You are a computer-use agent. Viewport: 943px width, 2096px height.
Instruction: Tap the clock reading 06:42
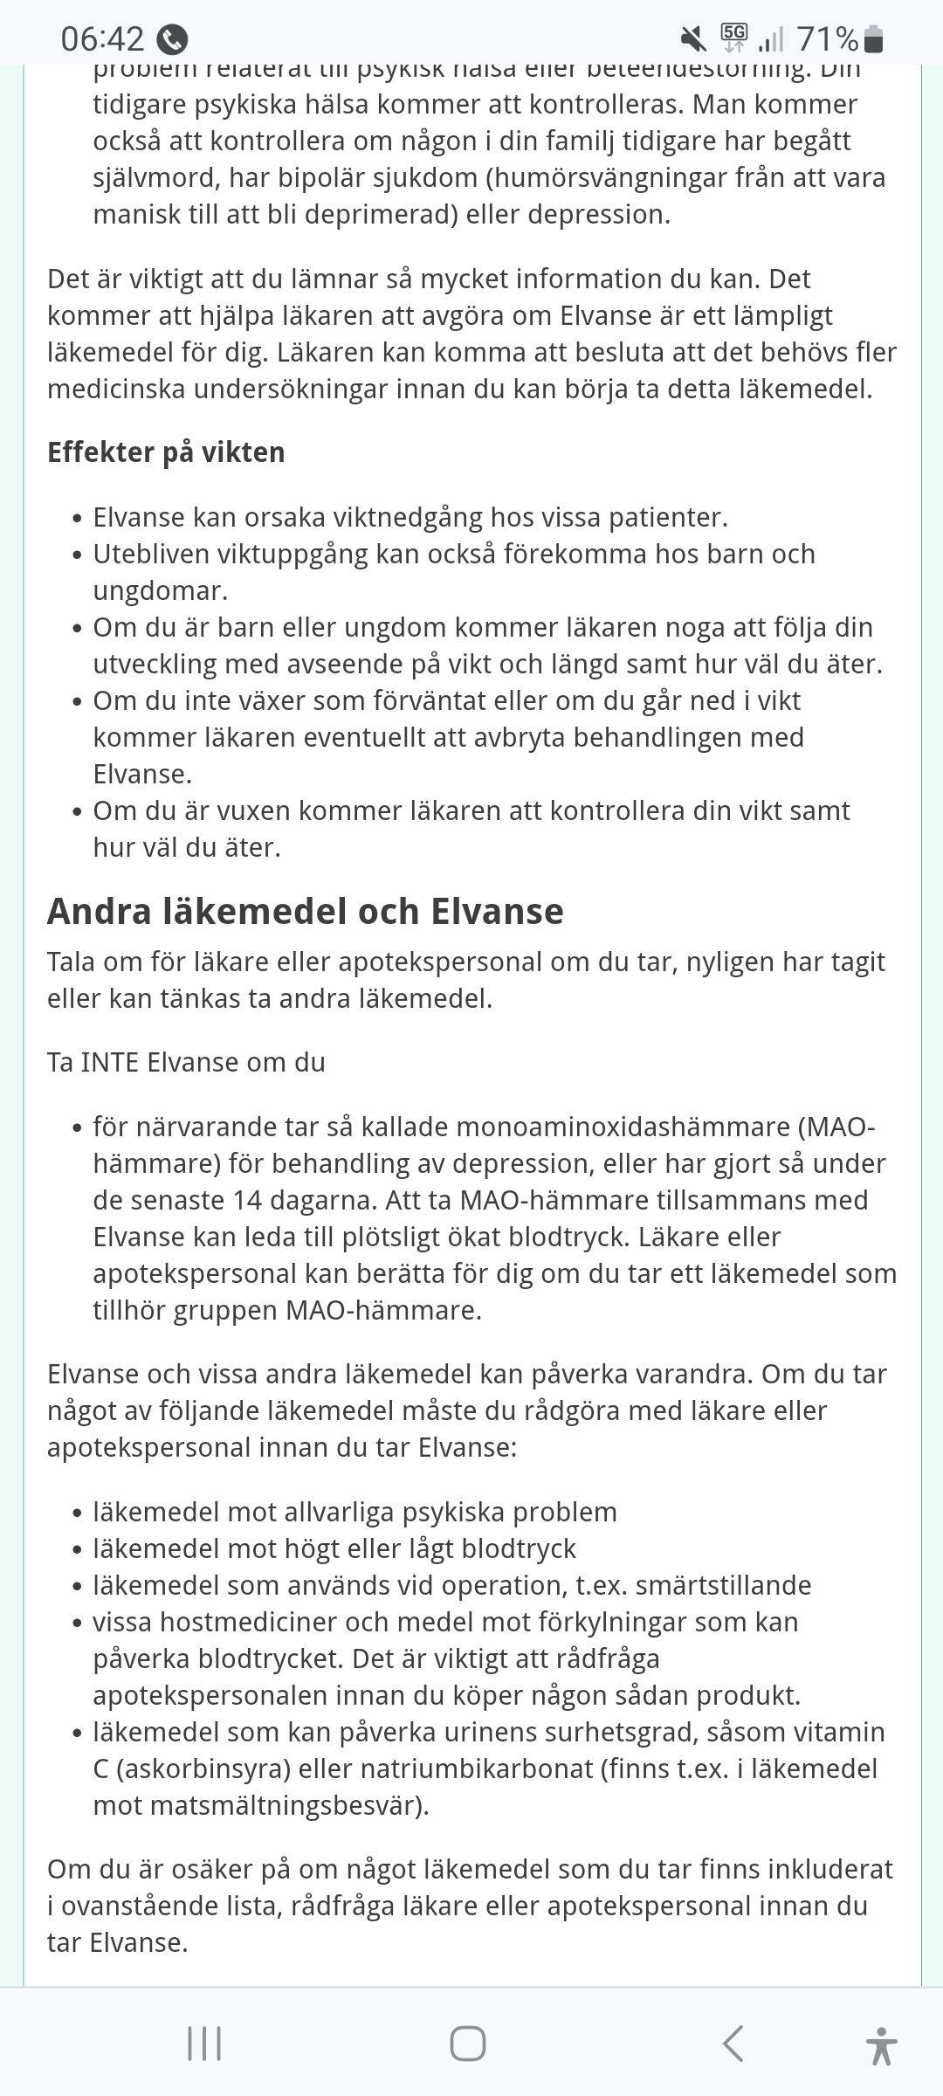[102, 39]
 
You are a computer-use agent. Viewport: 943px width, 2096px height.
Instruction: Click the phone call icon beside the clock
[172, 40]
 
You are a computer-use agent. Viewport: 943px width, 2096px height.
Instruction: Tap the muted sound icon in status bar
[693, 38]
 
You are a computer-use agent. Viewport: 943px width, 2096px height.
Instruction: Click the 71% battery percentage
[827, 39]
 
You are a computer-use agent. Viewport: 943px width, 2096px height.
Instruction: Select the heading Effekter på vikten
[166, 452]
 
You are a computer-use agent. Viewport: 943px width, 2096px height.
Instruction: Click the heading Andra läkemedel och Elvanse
[306, 911]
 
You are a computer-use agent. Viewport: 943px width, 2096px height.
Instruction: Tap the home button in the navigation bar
[468, 2044]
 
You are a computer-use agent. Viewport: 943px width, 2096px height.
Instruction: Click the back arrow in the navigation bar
[733, 2044]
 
